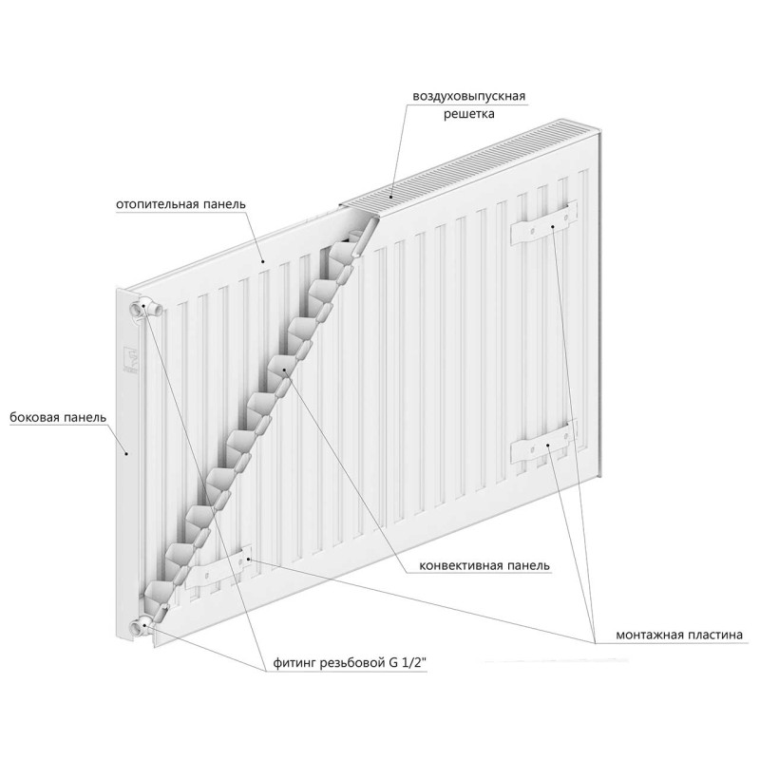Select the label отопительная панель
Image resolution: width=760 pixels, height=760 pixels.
pyautogui.click(x=180, y=203)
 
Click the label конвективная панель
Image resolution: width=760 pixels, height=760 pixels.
pyautogui.click(x=484, y=565)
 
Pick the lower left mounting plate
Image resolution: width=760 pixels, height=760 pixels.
pyautogui.click(x=224, y=567)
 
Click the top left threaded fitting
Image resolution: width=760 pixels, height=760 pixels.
pyautogui.click(x=146, y=307)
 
